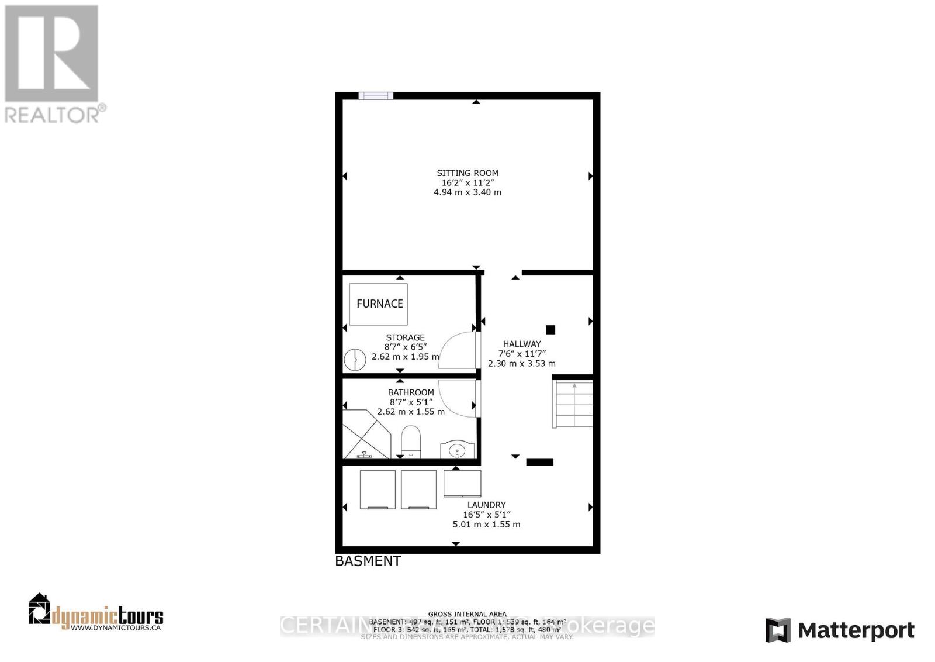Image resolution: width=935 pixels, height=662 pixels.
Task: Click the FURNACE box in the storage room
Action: [379, 304]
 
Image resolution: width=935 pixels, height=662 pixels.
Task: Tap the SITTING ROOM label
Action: [467, 173]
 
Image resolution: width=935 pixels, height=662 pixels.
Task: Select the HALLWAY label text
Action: [522, 344]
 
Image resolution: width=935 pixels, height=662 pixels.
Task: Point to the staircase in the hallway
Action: [573, 404]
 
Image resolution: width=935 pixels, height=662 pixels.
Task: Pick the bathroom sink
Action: [457, 450]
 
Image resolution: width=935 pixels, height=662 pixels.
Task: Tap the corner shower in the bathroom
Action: [365, 435]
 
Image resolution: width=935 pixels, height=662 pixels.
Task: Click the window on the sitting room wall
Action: [376, 96]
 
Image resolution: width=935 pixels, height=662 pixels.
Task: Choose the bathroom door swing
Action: [458, 398]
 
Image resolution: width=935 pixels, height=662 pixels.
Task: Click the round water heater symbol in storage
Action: [352, 360]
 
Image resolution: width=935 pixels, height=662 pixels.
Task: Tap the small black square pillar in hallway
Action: [550, 330]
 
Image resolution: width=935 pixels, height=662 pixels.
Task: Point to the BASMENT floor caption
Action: [368, 561]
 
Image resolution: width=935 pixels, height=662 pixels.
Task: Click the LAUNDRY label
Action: [486, 505]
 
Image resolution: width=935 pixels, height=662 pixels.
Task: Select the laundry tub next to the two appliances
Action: [462, 483]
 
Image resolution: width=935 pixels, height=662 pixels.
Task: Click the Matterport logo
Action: [840, 630]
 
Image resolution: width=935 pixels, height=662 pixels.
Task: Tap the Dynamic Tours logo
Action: [96, 613]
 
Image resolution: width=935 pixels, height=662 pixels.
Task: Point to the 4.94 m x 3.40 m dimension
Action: [467, 192]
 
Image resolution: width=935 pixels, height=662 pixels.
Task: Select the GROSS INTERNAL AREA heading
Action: [467, 614]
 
